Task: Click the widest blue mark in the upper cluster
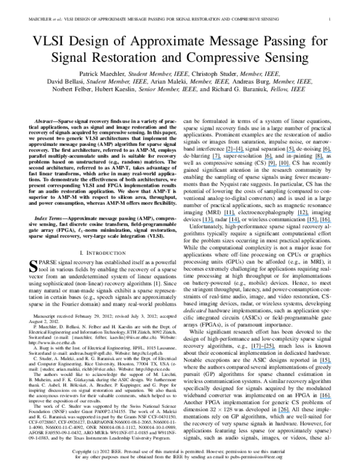235,152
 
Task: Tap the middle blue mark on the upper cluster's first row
291,152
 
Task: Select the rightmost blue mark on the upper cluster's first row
327,152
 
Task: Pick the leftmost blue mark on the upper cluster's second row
217,159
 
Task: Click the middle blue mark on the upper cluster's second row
269,159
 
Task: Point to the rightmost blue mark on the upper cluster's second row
319,159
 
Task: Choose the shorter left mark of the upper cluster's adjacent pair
272,166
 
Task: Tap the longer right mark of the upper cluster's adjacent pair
285,166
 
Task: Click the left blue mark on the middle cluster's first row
229,215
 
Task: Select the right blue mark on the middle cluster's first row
302,215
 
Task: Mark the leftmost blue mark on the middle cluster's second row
208,222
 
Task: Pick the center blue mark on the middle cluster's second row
235,222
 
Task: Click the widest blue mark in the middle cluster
320,222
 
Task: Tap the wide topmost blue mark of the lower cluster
263,349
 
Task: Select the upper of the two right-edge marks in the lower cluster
326,363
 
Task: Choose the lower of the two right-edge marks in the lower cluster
326,398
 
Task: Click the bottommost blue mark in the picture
284,412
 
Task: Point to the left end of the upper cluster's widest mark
226,152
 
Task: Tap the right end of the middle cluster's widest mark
332,222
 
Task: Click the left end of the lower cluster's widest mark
251,349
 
